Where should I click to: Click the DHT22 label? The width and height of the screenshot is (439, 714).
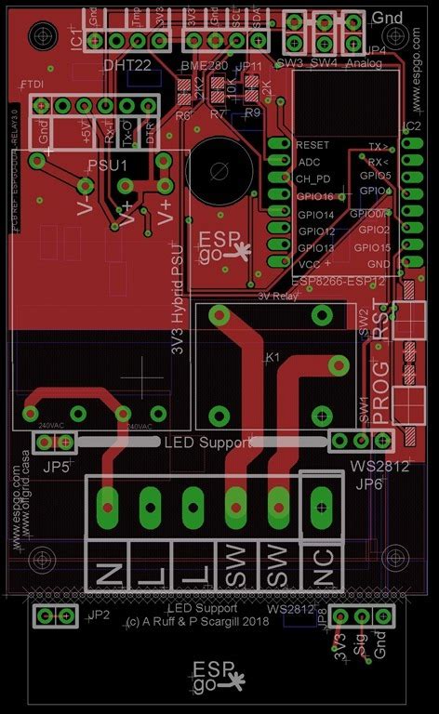(x=128, y=65)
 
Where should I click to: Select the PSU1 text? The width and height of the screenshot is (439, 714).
(x=107, y=165)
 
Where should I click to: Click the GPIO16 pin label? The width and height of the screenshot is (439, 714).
(x=315, y=196)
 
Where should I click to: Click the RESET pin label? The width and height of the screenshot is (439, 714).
(x=313, y=145)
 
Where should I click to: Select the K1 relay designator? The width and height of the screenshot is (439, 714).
(x=273, y=356)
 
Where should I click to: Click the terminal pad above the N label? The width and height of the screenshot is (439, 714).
(x=108, y=508)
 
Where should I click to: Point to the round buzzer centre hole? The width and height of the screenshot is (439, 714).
(x=219, y=170)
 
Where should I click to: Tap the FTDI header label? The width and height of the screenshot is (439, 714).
(x=32, y=86)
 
